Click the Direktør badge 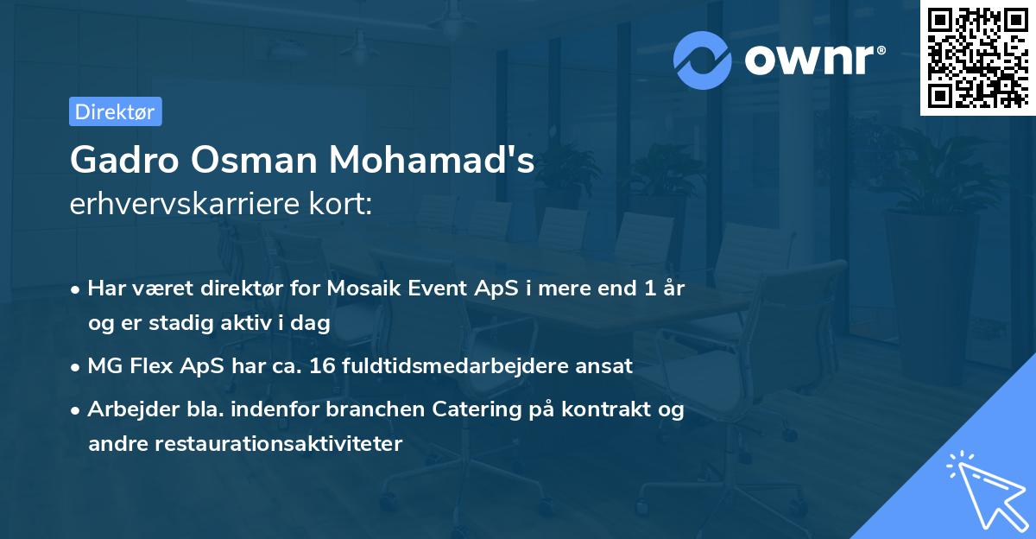click(115, 111)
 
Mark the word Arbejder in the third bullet click(123, 409)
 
